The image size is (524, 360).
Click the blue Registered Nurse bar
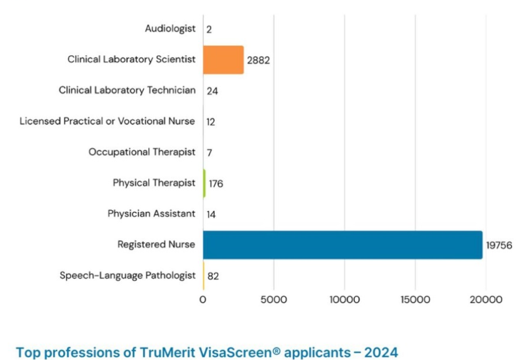[x=342, y=245]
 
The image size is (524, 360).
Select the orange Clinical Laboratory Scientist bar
[x=223, y=60]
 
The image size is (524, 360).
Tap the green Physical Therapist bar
[x=204, y=183]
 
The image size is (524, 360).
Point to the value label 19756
[x=499, y=245]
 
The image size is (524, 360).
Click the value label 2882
[x=258, y=60]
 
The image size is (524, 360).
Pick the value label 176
[x=216, y=184]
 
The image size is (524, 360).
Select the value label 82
[x=213, y=276]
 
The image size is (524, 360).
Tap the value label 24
[x=212, y=91]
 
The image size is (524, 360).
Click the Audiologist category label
[x=170, y=29]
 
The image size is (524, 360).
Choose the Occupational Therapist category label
[x=142, y=152]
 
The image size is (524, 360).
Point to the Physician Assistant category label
[x=151, y=214]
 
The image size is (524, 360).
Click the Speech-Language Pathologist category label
[x=127, y=276]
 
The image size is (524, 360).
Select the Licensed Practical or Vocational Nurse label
[x=107, y=122]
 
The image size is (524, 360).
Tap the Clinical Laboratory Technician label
[x=127, y=91]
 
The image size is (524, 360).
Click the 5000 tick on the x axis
[x=274, y=299]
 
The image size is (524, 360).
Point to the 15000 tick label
[x=415, y=299]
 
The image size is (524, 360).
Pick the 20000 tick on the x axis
[x=486, y=299]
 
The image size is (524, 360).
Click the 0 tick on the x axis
[x=203, y=299]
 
